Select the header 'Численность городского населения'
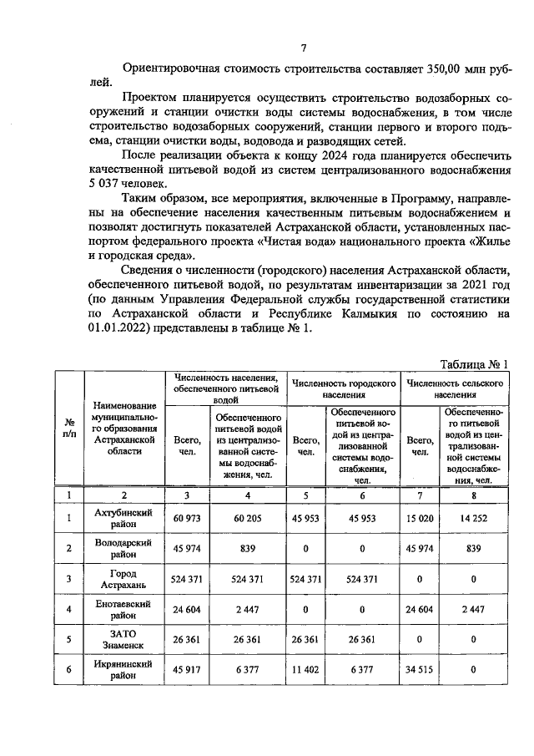point(343,387)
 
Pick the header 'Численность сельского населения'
point(455,387)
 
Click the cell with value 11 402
point(307,668)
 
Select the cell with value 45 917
point(188,668)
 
